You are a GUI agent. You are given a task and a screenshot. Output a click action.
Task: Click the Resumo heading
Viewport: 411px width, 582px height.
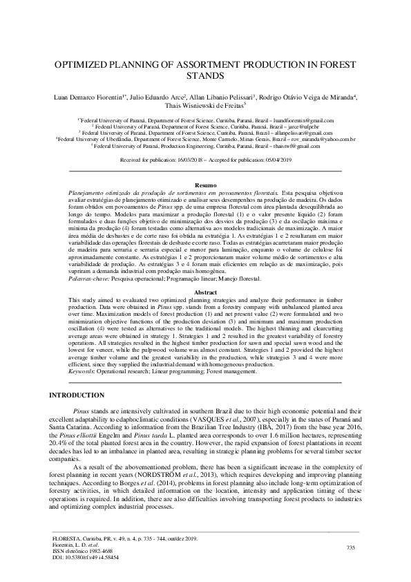pyautogui.click(x=205, y=185)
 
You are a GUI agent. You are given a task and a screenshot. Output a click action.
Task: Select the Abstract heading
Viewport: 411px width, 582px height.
pyautogui.click(x=205, y=292)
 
